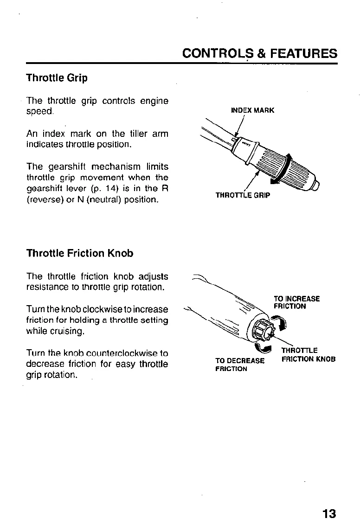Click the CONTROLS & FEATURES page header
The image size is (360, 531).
click(260, 53)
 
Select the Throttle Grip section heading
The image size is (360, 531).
click(57, 78)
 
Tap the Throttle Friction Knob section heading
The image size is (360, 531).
click(80, 253)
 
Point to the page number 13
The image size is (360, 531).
click(329, 514)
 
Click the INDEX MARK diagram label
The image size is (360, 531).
click(252, 110)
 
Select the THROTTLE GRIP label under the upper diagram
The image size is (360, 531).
click(243, 195)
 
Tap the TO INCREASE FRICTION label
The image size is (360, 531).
click(296, 302)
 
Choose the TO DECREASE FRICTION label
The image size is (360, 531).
click(240, 365)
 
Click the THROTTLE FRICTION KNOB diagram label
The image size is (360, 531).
click(308, 355)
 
